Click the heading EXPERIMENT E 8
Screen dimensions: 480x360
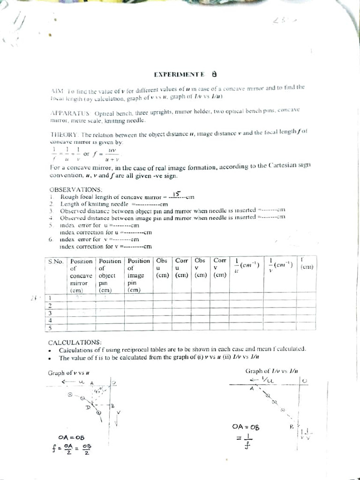[185, 74]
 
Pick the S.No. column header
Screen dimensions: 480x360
[55, 261]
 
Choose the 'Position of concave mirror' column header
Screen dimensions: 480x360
[81, 276]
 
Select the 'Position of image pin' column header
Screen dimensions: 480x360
[139, 276]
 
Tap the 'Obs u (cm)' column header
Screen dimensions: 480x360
[162, 268]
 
